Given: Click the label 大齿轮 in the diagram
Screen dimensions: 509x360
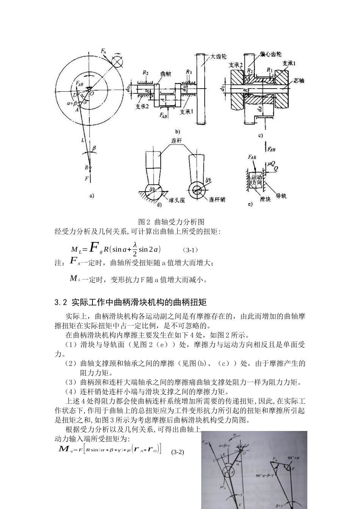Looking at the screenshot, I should [218, 56].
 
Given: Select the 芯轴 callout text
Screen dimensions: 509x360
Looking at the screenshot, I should [299, 80].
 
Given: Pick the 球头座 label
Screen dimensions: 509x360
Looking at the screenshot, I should [177, 201].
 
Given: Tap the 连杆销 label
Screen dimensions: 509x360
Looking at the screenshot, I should [217, 199].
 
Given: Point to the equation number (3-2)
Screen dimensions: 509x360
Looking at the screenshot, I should [177, 452].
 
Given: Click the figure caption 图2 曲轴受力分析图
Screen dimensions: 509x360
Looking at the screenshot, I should [172, 222].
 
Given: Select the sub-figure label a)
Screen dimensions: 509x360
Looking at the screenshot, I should [91, 196].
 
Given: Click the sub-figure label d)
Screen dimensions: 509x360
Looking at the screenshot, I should [159, 205].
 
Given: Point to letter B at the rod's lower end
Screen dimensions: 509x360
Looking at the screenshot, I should [86, 167].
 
